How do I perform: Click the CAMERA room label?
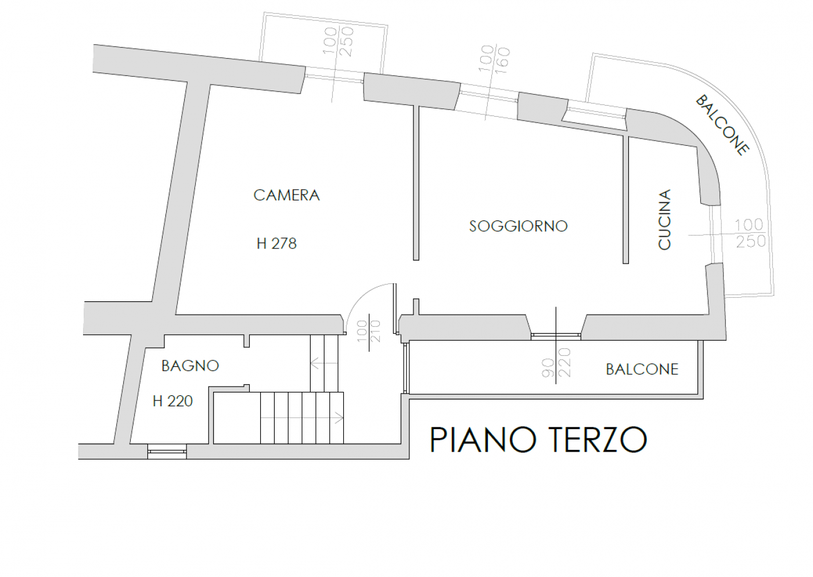click(286, 195)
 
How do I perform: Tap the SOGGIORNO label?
click(518, 226)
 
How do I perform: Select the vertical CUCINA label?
click(664, 220)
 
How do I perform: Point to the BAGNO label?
click(190, 366)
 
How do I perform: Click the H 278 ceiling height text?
click(276, 243)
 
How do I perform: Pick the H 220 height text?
click(172, 401)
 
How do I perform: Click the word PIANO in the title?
click(483, 439)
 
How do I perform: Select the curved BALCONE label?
click(722, 125)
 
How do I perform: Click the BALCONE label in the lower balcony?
click(642, 369)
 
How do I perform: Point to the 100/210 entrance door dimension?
click(369, 331)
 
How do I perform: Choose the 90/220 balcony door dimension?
click(556, 363)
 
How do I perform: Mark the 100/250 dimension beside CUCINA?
click(750, 233)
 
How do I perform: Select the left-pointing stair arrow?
click(324, 363)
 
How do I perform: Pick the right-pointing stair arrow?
click(302, 418)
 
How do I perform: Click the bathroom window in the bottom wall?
click(167, 452)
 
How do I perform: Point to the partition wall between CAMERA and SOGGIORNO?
click(416, 183)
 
